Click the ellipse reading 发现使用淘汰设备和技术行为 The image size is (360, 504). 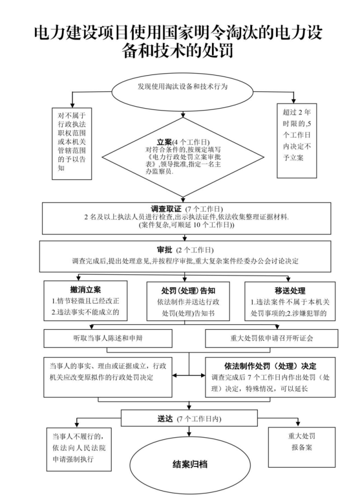183,87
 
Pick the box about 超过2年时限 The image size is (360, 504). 297,140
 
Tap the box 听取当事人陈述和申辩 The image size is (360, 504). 108,338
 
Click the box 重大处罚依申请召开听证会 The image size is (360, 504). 270,338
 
